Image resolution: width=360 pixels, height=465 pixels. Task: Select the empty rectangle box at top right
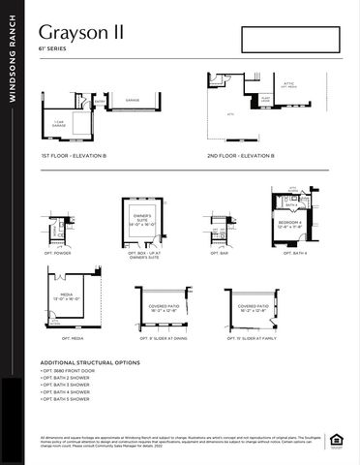pos(291,43)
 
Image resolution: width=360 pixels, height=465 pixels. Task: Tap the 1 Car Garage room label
pos(58,123)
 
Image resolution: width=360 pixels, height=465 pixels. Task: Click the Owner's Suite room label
pos(142,219)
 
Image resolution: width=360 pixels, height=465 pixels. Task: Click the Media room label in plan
pos(67,299)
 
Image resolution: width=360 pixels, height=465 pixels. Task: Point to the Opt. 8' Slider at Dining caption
pos(161,339)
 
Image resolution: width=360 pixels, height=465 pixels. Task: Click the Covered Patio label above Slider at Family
pos(253,309)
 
